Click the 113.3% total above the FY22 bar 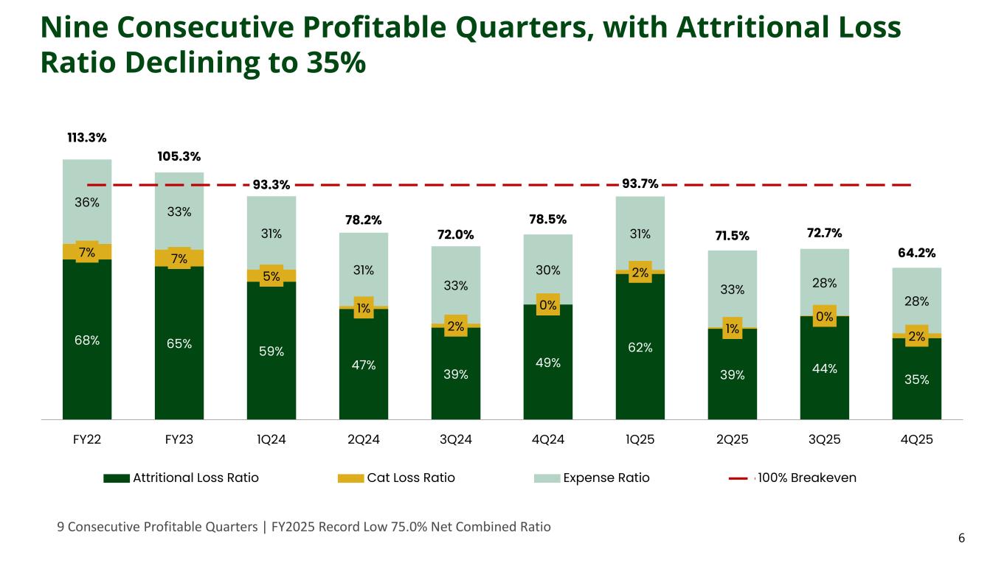[x=87, y=138]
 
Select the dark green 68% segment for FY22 [x=87, y=340]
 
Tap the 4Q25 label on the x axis [x=917, y=439]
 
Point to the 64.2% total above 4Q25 [x=917, y=254]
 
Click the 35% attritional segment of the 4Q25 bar [x=917, y=380]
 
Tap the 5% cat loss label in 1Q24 [x=271, y=276]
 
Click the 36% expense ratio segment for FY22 [x=87, y=201]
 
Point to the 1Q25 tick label [x=640, y=439]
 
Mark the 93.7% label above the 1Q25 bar [x=640, y=184]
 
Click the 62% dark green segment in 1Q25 [x=640, y=347]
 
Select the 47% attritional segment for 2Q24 [x=364, y=365]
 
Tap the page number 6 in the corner [x=961, y=539]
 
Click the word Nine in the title [x=77, y=27]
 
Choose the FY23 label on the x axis [x=179, y=439]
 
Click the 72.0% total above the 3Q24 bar [x=456, y=235]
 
